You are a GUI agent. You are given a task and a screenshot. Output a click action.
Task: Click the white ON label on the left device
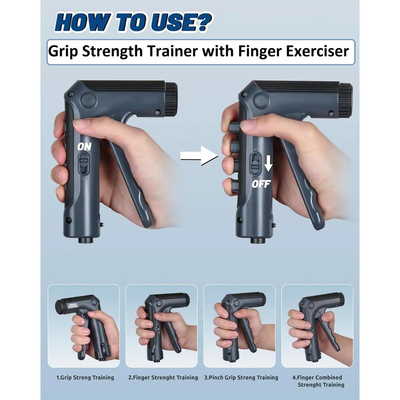[84, 146]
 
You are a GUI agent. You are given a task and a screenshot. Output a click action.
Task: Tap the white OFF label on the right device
[260, 184]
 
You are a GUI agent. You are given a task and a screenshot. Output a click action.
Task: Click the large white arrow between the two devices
[199, 155]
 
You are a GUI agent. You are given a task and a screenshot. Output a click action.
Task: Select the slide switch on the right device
[254, 163]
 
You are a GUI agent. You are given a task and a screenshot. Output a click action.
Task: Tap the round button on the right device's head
[260, 100]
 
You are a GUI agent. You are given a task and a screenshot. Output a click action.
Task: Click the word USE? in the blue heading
[180, 22]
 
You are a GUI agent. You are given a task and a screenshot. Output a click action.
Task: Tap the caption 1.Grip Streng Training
[85, 377]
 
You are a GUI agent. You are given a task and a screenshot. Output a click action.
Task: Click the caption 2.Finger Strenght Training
[163, 377]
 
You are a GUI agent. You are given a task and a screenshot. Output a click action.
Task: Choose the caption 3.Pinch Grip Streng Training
[241, 377]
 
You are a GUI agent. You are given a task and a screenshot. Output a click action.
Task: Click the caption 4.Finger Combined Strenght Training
[318, 381]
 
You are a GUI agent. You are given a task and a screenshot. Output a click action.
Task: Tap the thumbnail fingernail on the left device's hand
[81, 124]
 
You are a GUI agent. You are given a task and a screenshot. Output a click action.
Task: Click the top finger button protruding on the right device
[233, 127]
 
